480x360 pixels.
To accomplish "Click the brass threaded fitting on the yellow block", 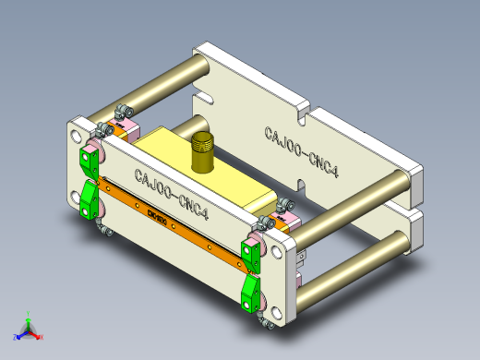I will pos(202,152).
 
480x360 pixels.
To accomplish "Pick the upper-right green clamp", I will pos(250,252).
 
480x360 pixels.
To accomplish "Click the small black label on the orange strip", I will pos(158,217).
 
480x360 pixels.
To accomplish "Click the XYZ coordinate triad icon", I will pos(28,328).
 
